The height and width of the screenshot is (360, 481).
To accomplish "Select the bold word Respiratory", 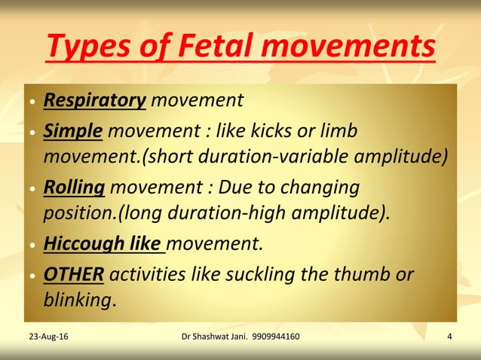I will tap(94, 100).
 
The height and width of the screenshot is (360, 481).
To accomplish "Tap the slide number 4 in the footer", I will tap(449, 336).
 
